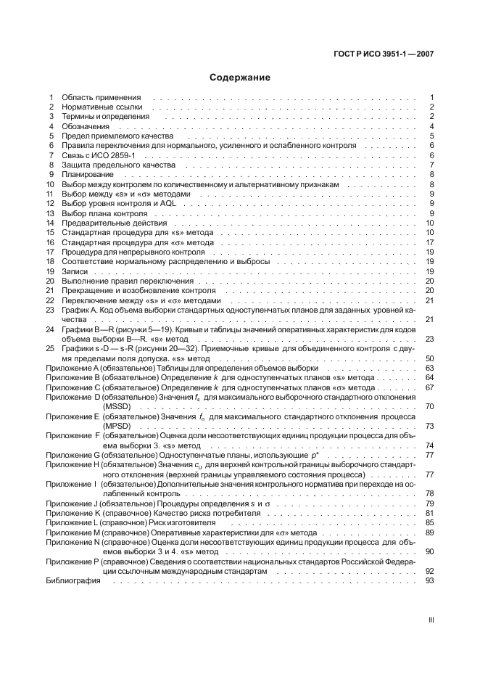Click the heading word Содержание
(x=239, y=77)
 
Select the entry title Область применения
(x=101, y=97)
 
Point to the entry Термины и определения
(x=105, y=116)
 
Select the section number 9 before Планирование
(x=51, y=175)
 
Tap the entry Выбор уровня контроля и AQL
(x=115, y=204)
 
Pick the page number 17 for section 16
(x=429, y=242)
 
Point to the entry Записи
(x=75, y=271)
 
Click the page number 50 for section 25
(x=429, y=358)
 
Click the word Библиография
(x=73, y=580)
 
